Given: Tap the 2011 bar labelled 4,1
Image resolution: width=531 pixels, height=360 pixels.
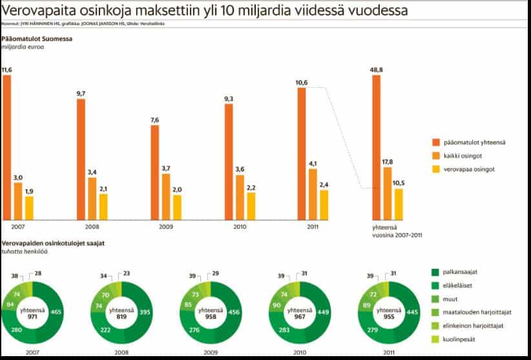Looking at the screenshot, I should click(313, 194).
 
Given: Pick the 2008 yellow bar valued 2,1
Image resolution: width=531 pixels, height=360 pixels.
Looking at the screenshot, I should click(103, 206).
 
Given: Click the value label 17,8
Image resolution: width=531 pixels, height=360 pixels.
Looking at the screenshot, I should click(387, 162).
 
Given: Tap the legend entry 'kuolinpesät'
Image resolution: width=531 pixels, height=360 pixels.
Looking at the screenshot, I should click(459, 339).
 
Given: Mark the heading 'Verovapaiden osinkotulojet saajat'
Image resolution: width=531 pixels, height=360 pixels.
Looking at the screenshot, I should click(54, 243).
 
